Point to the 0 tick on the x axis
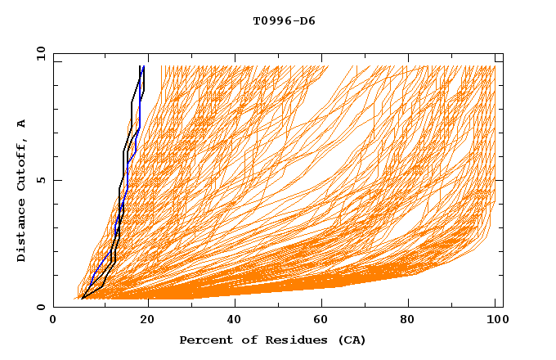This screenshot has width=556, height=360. (x=54, y=320)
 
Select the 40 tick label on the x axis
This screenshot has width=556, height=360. (x=234, y=320)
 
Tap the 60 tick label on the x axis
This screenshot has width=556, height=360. (x=324, y=320)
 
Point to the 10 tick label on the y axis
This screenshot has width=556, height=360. (x=40, y=53)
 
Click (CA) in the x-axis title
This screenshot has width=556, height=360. (x=352, y=340)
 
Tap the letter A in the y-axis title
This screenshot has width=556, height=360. (x=22, y=124)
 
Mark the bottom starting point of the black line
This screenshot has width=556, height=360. (x=83, y=299)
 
